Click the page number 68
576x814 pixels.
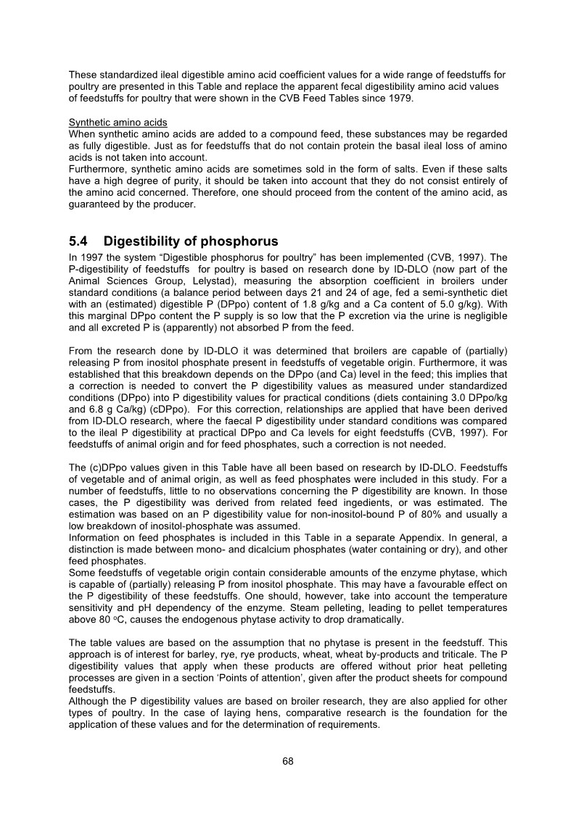click(288, 761)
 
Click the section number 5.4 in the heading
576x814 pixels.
click(81, 241)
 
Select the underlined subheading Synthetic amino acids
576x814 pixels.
click(118, 122)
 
